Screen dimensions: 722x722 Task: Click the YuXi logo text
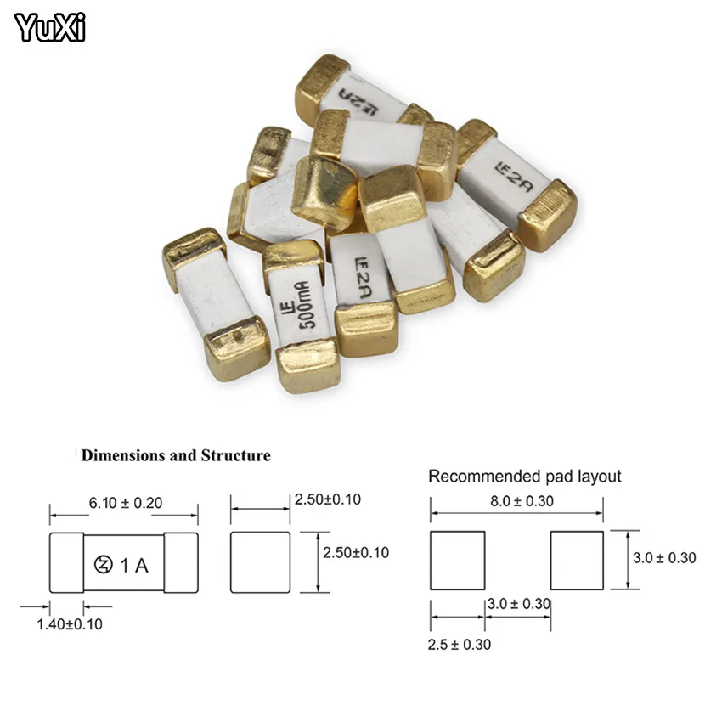click(x=51, y=29)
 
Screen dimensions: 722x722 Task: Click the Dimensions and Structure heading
click(x=176, y=455)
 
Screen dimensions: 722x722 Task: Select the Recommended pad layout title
click(x=524, y=476)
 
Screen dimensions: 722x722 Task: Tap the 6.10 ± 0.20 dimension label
click(x=126, y=503)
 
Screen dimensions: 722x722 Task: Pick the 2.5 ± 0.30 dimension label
click(x=459, y=644)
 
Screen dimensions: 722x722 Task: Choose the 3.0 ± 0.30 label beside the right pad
click(x=664, y=557)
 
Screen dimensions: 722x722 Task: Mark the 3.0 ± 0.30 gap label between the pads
click(x=518, y=604)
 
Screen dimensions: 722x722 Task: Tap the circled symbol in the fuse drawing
click(x=103, y=563)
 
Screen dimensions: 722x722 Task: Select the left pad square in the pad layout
click(x=457, y=561)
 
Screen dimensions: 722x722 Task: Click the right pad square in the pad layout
click(x=577, y=561)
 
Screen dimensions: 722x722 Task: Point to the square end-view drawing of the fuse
click(x=261, y=562)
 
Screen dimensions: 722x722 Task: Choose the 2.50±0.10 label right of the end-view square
click(x=355, y=552)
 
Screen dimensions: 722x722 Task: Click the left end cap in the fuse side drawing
click(x=66, y=562)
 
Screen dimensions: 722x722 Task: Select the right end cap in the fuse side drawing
click(x=181, y=562)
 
